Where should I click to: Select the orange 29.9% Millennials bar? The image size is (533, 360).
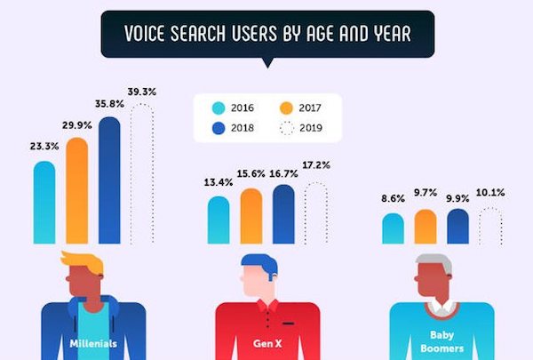(x=77, y=190)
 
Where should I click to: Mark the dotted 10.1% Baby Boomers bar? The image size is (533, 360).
(x=490, y=226)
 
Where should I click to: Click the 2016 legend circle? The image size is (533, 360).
(x=219, y=108)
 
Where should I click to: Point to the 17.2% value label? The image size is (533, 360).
(x=317, y=167)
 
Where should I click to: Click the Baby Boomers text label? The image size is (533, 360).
(x=442, y=342)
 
